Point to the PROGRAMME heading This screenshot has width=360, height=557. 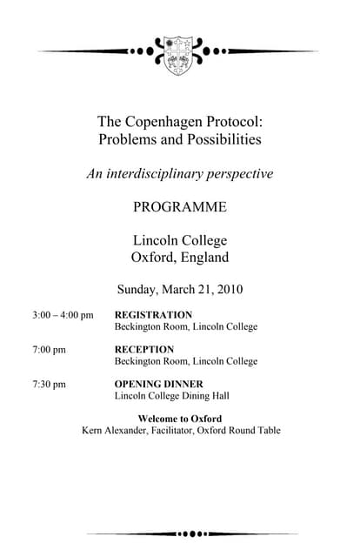click(x=180, y=207)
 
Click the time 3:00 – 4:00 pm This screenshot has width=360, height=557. click(x=63, y=315)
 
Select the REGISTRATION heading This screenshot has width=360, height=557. click(x=153, y=315)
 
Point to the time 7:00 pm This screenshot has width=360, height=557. click(x=49, y=350)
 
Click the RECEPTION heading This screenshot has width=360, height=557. click(x=144, y=350)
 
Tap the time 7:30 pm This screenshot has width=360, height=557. click(x=49, y=384)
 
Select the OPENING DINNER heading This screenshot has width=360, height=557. click(x=159, y=384)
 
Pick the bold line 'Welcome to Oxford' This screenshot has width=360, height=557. click(x=180, y=419)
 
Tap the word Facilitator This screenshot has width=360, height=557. click(x=171, y=430)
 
